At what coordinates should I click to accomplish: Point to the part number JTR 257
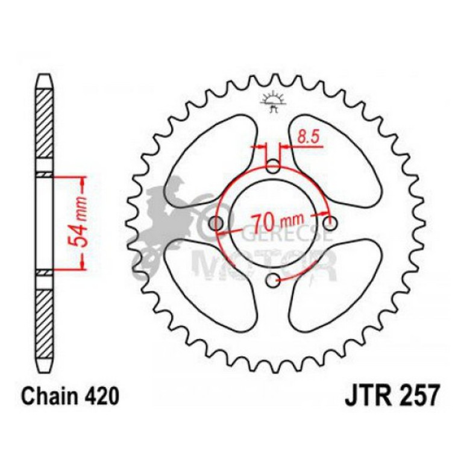point(387,397)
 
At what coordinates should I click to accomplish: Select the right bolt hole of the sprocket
point(329,223)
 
